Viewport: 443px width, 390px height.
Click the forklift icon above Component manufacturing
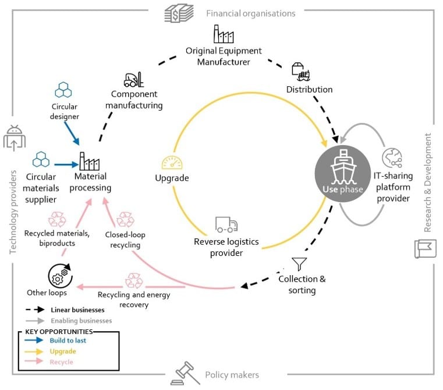click(x=134, y=80)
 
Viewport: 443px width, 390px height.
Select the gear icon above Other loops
click(x=60, y=274)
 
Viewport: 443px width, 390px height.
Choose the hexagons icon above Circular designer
click(x=63, y=89)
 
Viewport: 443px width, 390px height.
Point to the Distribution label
click(x=309, y=90)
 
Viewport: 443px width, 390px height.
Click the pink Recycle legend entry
click(x=62, y=362)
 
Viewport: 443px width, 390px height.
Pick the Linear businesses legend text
click(x=77, y=310)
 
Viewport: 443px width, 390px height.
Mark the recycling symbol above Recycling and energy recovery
click(x=134, y=280)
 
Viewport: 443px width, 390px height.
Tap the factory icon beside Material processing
click(x=90, y=160)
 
